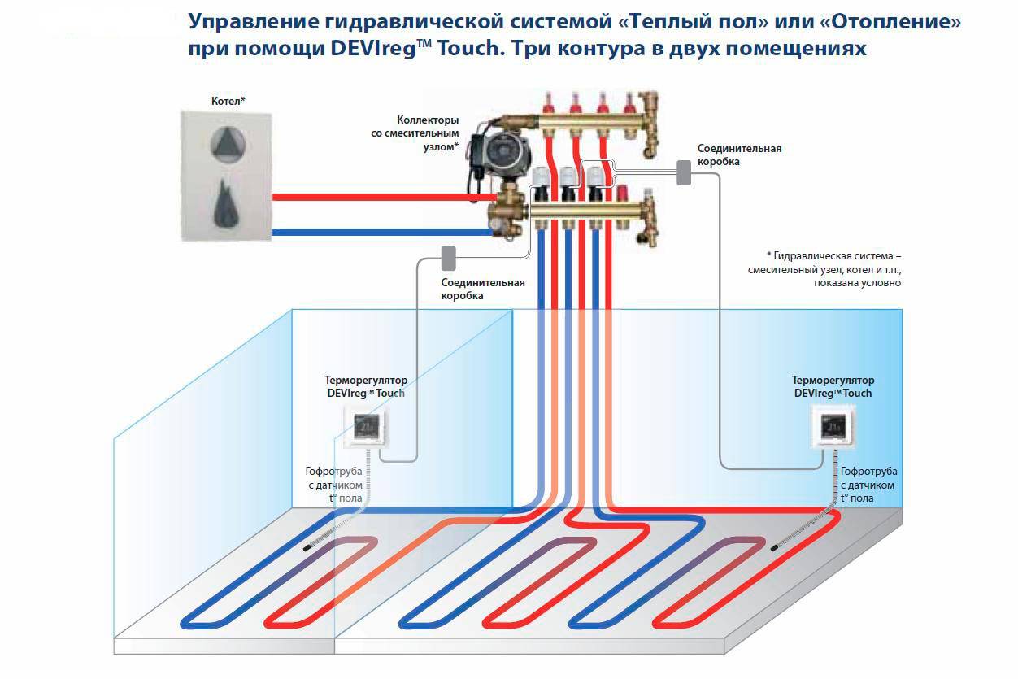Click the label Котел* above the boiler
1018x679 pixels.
tap(227, 101)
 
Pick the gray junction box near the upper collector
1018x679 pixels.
tap(684, 171)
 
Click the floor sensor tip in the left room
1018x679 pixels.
tap(308, 548)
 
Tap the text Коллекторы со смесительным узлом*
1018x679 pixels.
tap(428, 133)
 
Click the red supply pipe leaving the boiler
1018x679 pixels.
tap(382, 197)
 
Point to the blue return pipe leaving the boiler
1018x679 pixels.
tap(382, 232)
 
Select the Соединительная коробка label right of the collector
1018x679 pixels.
tap(739, 155)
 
